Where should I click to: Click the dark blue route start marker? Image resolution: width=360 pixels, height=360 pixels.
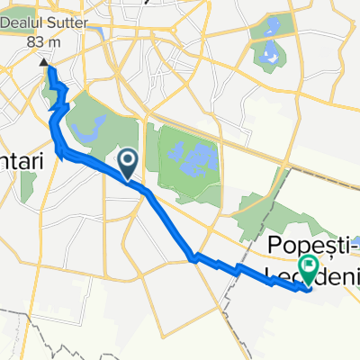pyautogui.click(x=128, y=162)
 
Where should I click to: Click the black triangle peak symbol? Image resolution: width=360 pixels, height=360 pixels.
pyautogui.click(x=43, y=63)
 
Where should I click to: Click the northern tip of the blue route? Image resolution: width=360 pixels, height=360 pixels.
pyautogui.click(x=50, y=70)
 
